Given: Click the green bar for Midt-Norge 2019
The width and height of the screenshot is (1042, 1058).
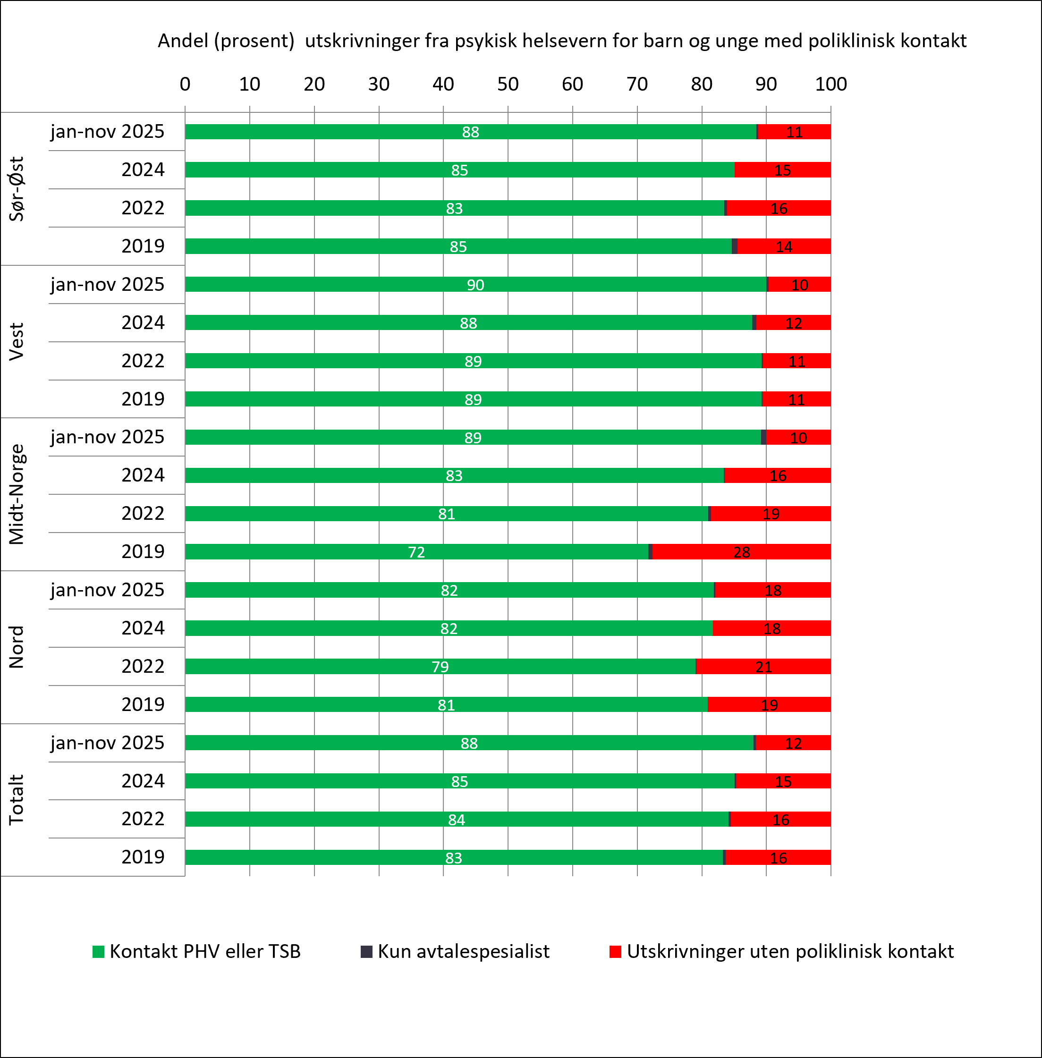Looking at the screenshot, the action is [416, 552].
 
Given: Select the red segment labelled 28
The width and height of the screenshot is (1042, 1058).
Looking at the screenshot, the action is [742, 552].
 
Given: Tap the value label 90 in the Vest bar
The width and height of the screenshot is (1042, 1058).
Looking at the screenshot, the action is [475, 285].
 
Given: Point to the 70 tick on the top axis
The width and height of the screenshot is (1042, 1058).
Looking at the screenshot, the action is [637, 84].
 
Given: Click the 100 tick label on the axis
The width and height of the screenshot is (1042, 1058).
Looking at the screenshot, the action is [831, 84].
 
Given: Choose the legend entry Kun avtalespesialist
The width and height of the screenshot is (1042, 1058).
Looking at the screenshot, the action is [455, 951].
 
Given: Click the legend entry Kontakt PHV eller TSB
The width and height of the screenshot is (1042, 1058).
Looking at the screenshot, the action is [196, 951].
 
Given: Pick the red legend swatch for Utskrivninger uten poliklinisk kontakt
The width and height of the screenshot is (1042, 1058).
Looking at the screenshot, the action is [615, 952].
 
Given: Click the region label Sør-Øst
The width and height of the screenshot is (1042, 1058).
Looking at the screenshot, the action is [17, 189].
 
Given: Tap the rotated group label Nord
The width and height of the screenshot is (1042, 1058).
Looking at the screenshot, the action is [17, 647].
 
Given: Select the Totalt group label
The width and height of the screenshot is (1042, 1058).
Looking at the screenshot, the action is [17, 800].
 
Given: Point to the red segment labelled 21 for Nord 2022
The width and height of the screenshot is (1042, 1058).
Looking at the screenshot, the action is [763, 666].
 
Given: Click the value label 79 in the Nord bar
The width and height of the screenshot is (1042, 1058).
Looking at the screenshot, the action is [440, 667].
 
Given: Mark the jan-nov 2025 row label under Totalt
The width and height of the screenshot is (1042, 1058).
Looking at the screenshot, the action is [107, 743].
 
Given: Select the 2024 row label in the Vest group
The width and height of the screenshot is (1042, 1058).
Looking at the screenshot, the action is [143, 322].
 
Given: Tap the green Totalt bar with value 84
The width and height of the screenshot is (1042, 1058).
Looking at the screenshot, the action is [457, 819].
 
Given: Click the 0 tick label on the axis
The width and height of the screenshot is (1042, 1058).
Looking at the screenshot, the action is [185, 84].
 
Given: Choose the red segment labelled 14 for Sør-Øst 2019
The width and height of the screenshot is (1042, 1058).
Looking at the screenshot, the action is [784, 246].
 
